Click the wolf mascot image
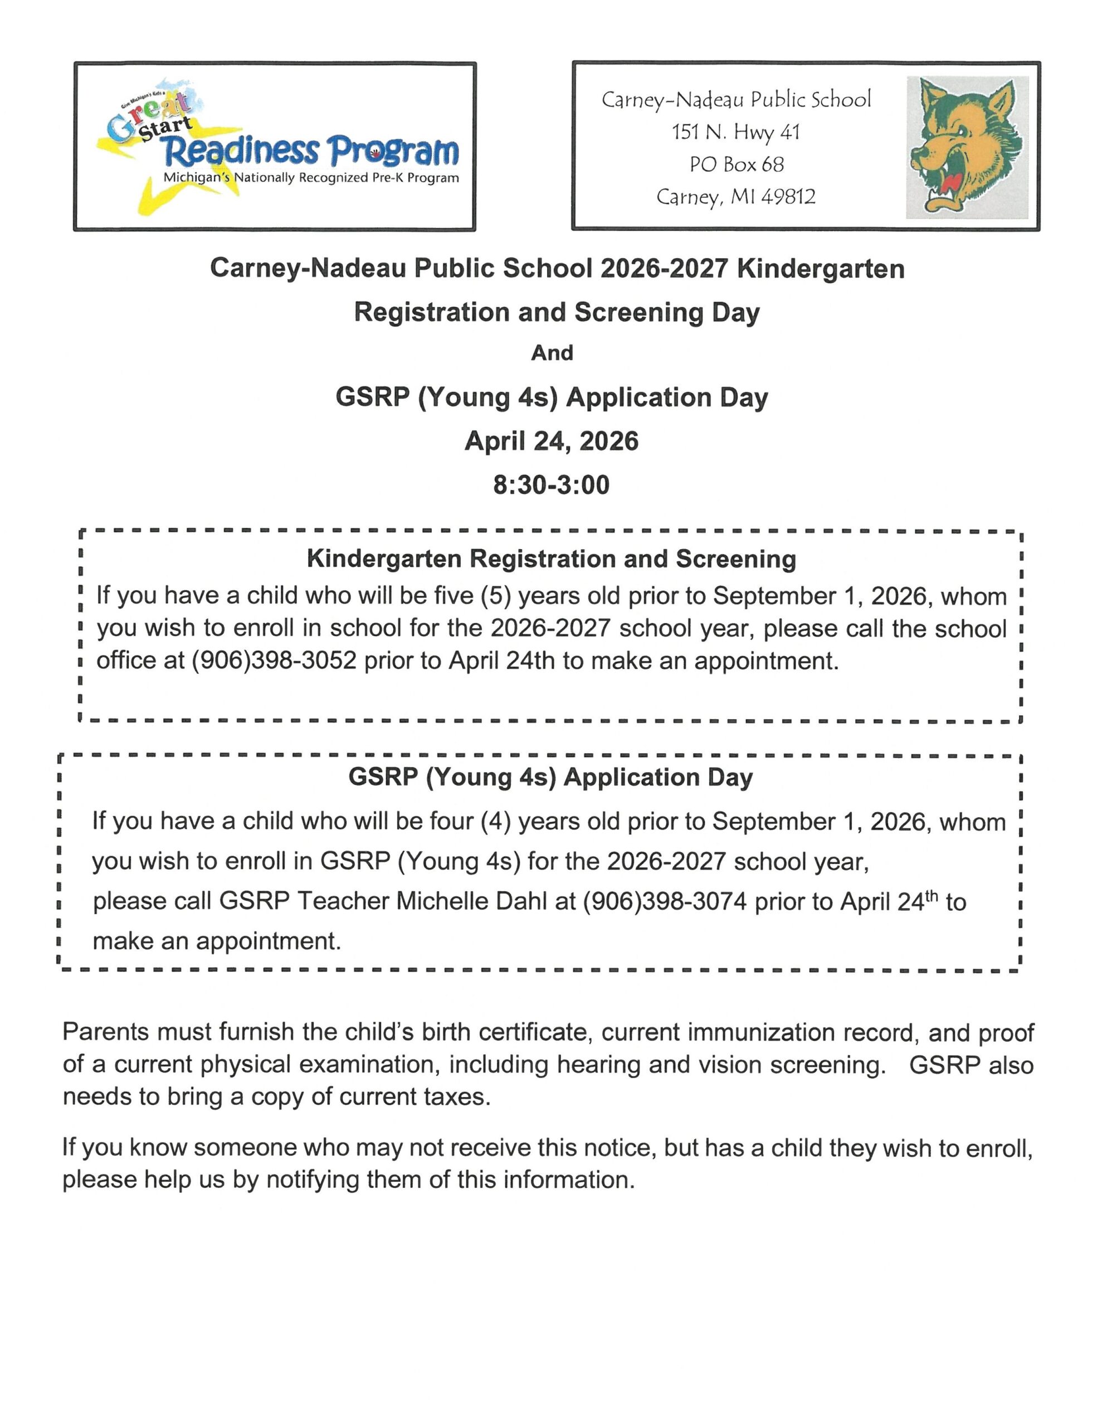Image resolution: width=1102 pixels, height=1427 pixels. (x=966, y=147)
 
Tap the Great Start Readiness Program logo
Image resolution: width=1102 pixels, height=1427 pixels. (x=277, y=147)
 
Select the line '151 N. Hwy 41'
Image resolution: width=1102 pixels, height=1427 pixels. (x=735, y=132)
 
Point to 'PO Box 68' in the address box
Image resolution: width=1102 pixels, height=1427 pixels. (x=736, y=164)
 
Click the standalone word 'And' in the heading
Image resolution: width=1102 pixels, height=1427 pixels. (x=552, y=353)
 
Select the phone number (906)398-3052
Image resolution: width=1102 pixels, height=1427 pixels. (x=274, y=661)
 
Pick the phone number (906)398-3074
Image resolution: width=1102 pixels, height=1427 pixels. (x=664, y=902)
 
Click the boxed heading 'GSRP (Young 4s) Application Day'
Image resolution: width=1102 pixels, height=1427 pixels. (x=550, y=777)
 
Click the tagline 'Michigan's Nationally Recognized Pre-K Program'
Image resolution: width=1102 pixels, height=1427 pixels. (x=311, y=178)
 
